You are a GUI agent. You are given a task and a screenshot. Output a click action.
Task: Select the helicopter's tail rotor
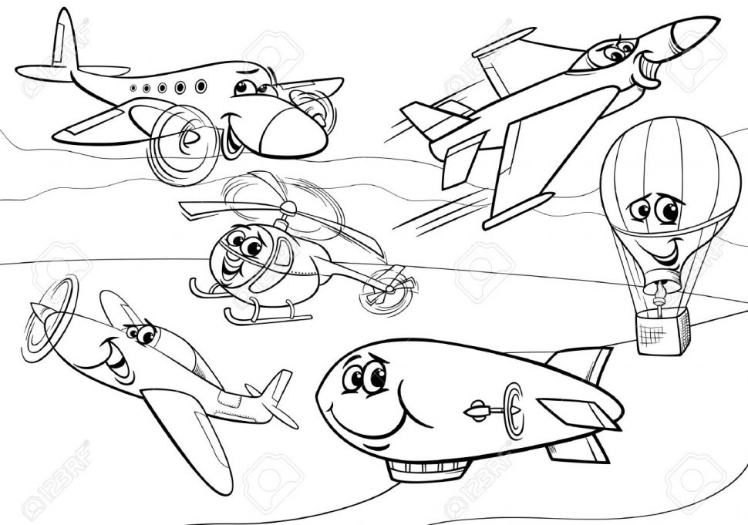tap(387, 286)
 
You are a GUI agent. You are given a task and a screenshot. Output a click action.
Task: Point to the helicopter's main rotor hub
tap(288, 209)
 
